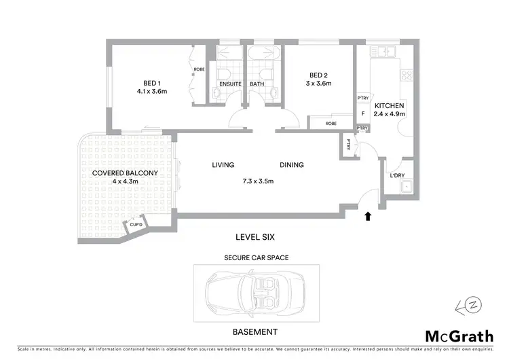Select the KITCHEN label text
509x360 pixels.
click(x=390, y=106)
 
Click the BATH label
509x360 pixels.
click(x=257, y=85)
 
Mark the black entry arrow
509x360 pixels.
click(x=368, y=217)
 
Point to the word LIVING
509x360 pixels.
click(x=223, y=165)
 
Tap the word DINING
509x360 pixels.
click(x=292, y=165)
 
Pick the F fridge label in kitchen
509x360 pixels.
click(x=363, y=113)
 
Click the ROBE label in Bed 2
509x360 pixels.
click(x=331, y=124)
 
